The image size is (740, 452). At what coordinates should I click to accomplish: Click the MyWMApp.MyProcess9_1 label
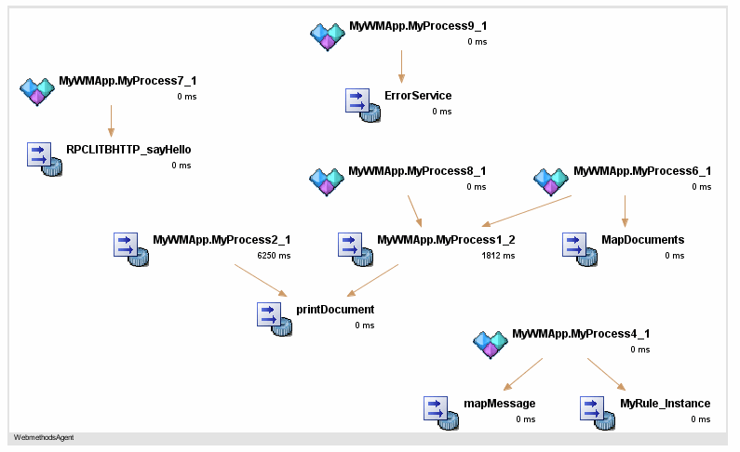click(418, 27)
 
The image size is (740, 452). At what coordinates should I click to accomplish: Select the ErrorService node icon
click(362, 104)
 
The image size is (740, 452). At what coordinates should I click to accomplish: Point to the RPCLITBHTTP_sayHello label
click(128, 149)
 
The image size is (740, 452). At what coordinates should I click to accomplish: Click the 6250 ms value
click(274, 256)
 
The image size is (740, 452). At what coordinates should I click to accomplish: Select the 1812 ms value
click(498, 256)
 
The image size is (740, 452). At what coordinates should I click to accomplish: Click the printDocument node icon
click(273, 318)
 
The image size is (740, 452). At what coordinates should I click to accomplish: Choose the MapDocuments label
click(642, 240)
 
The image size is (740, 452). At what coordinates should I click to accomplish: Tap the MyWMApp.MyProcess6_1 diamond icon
click(550, 179)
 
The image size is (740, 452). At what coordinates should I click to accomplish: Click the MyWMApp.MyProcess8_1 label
click(417, 171)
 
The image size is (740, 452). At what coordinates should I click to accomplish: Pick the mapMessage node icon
click(440, 412)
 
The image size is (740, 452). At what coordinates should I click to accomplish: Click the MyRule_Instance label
click(665, 404)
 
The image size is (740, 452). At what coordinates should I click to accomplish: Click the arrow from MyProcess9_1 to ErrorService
click(401, 66)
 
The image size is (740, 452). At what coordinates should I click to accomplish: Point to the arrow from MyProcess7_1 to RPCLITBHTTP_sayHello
click(111, 121)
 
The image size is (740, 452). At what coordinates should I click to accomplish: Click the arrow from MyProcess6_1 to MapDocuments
click(625, 211)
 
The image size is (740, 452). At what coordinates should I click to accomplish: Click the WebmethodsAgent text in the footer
click(44, 437)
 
